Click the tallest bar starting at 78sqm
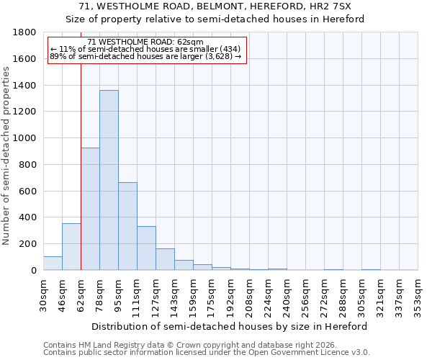tap(109, 180)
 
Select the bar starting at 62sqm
tap(90, 209)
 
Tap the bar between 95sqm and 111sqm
tap(127, 226)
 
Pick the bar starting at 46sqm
tap(71, 247)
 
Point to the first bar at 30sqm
tap(53, 264)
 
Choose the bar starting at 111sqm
tap(146, 248)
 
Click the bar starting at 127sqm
tap(165, 259)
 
